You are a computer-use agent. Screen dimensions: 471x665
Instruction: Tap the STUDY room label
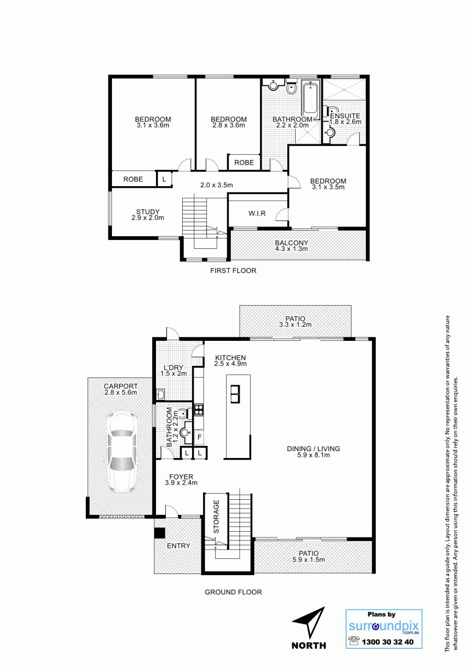pyautogui.click(x=148, y=212)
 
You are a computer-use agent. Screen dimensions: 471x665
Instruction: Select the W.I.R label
pyautogui.click(x=257, y=213)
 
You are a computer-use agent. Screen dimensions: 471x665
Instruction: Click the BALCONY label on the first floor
pyautogui.click(x=291, y=243)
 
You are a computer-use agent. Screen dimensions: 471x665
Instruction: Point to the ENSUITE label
pyautogui.click(x=345, y=116)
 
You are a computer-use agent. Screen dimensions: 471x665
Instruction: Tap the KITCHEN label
pyautogui.click(x=230, y=358)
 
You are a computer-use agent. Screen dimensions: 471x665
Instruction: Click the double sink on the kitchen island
pyautogui.click(x=235, y=394)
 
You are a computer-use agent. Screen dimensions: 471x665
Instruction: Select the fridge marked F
pyautogui.click(x=199, y=437)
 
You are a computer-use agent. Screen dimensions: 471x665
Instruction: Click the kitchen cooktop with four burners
pyautogui.click(x=199, y=410)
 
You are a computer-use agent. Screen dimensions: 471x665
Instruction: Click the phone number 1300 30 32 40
pyautogui.click(x=387, y=642)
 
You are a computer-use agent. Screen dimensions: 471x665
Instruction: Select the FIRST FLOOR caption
pyautogui.click(x=233, y=270)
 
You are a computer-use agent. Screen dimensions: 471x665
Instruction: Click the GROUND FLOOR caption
pyautogui.click(x=233, y=592)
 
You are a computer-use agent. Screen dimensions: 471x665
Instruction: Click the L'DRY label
pyautogui.click(x=174, y=368)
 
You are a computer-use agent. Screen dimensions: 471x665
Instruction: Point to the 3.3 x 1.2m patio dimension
pyautogui.click(x=295, y=325)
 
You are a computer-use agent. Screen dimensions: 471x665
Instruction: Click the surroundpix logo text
pyautogui.click(x=384, y=626)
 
